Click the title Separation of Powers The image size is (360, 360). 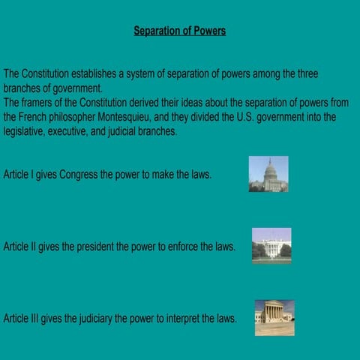coord(180,31)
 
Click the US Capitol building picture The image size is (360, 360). coord(268,174)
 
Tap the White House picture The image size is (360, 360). coord(271,245)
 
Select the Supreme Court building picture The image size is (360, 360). coord(274,317)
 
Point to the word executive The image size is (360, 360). coord(76,131)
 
